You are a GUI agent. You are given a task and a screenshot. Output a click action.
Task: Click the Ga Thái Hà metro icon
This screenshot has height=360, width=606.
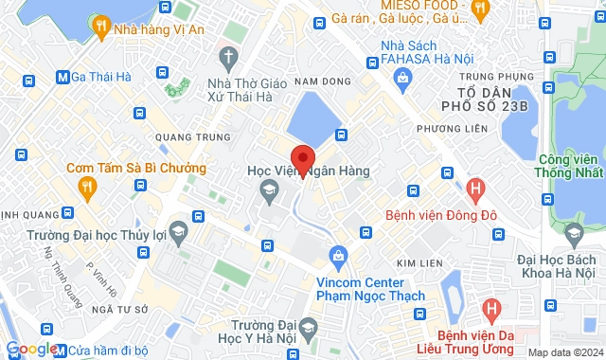click(62, 77)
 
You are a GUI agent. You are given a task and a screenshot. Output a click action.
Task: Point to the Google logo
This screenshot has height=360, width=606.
click(31, 349)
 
